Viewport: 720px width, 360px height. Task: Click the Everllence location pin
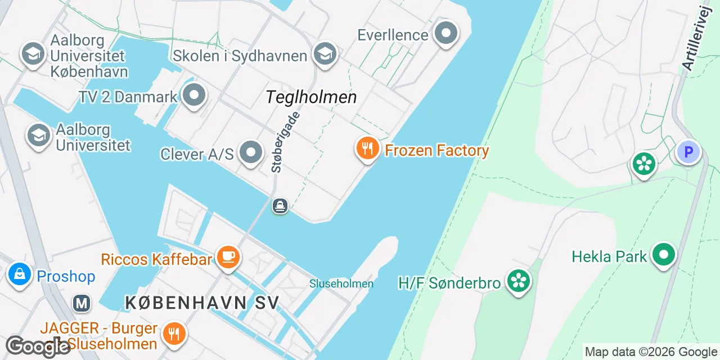click(x=446, y=33)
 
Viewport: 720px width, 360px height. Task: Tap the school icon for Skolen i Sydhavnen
click(x=325, y=53)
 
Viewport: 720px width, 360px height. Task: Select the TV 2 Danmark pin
click(x=195, y=96)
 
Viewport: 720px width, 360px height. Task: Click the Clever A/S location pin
click(x=251, y=152)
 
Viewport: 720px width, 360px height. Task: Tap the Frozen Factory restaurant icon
click(x=367, y=149)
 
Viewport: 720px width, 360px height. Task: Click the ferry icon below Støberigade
click(x=280, y=206)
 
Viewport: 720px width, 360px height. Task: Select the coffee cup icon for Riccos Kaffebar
click(x=228, y=258)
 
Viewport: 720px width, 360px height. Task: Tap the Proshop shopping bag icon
click(x=20, y=274)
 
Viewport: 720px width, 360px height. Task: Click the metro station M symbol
click(x=82, y=304)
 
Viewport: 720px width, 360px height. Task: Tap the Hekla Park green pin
click(x=664, y=255)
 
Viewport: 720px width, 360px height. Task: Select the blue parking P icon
click(x=688, y=151)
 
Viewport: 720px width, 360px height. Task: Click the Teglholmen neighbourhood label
click(x=311, y=97)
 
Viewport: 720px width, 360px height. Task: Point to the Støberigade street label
click(x=285, y=142)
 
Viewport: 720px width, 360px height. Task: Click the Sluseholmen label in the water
click(x=341, y=283)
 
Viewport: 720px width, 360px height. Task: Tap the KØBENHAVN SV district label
click(x=202, y=303)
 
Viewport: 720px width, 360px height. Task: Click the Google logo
click(x=38, y=347)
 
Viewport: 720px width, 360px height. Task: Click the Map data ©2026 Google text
click(x=651, y=352)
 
